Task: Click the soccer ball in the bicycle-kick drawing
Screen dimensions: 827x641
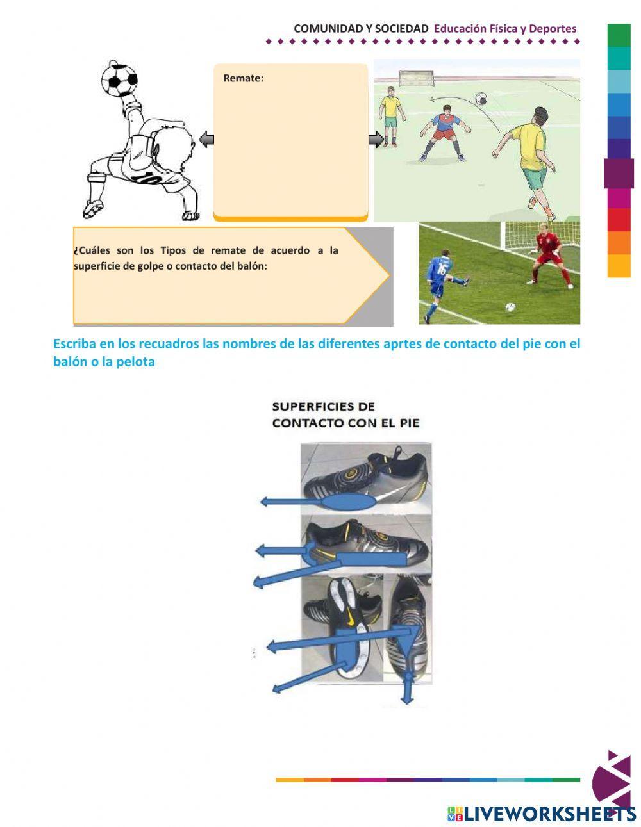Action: [x=119, y=79]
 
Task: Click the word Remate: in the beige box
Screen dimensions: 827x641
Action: [x=243, y=78]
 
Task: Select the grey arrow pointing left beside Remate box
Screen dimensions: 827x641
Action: [x=206, y=139]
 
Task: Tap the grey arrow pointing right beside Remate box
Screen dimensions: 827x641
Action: [x=376, y=139]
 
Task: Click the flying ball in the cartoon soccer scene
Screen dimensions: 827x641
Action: [x=479, y=99]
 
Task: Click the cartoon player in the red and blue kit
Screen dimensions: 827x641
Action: [x=442, y=131]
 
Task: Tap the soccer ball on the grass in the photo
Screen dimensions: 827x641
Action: [x=510, y=307]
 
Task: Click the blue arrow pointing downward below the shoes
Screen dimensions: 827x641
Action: [x=407, y=692]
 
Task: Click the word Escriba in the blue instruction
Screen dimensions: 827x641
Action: [x=74, y=344]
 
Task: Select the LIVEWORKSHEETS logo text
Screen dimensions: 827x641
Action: [x=548, y=813]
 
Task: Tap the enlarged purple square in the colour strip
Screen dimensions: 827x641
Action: [x=619, y=173]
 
